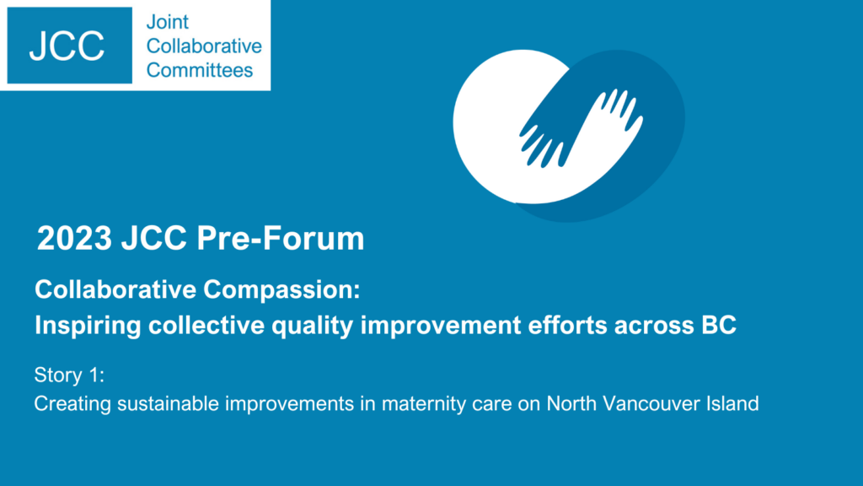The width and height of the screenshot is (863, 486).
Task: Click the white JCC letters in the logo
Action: coord(67,46)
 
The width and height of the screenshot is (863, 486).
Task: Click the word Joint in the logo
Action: coord(168,22)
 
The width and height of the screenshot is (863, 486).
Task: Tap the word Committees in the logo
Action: coord(200,70)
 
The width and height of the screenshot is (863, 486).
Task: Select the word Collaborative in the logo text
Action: coord(204,46)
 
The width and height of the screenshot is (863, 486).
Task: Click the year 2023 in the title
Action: coord(74,238)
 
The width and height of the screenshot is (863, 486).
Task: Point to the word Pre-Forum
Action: coord(280,238)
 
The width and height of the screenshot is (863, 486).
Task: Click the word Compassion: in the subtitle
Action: coord(281,290)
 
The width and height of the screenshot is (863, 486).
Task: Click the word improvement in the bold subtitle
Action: coord(440,325)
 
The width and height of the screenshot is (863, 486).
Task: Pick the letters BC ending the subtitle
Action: coord(719,325)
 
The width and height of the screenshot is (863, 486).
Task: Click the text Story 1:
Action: coord(69,375)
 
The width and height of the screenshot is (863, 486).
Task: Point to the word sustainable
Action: coord(168,404)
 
